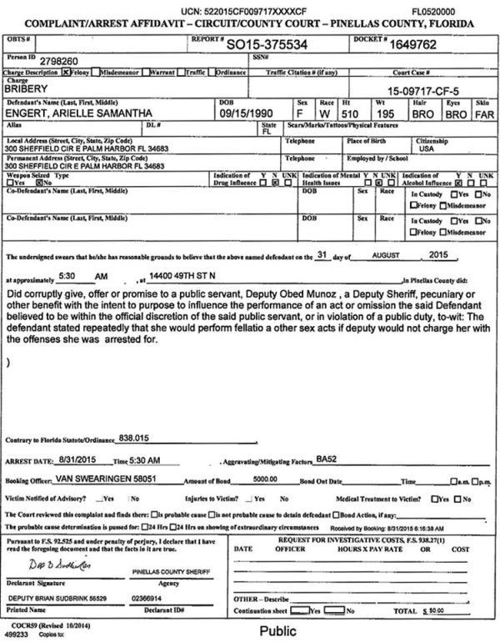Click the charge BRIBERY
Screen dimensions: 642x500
[x=29, y=87]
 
